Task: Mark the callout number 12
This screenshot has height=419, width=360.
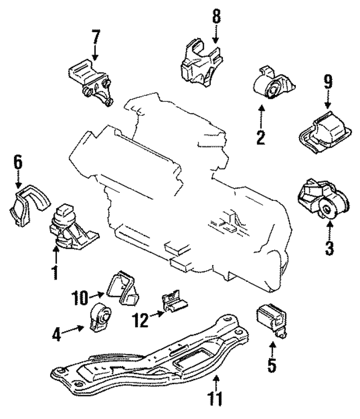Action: [140, 320]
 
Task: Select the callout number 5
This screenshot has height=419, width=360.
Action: [272, 366]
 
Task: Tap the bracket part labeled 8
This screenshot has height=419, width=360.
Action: [199, 65]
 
